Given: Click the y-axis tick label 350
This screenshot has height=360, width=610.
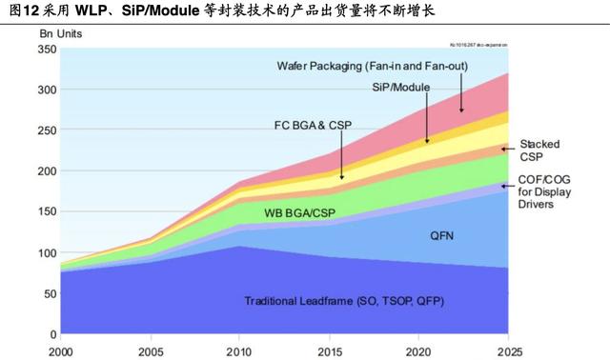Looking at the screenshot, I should click(45, 49).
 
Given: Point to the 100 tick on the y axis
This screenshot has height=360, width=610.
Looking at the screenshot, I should click(45, 253).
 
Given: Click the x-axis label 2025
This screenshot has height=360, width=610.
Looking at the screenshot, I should click(507, 350).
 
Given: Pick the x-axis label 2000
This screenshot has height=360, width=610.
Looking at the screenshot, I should click(59, 350).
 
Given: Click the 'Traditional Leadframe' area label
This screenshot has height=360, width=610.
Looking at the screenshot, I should click(343, 301).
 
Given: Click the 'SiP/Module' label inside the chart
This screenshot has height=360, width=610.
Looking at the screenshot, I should click(399, 87).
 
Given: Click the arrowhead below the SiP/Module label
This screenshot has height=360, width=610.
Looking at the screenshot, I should click(427, 140).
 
